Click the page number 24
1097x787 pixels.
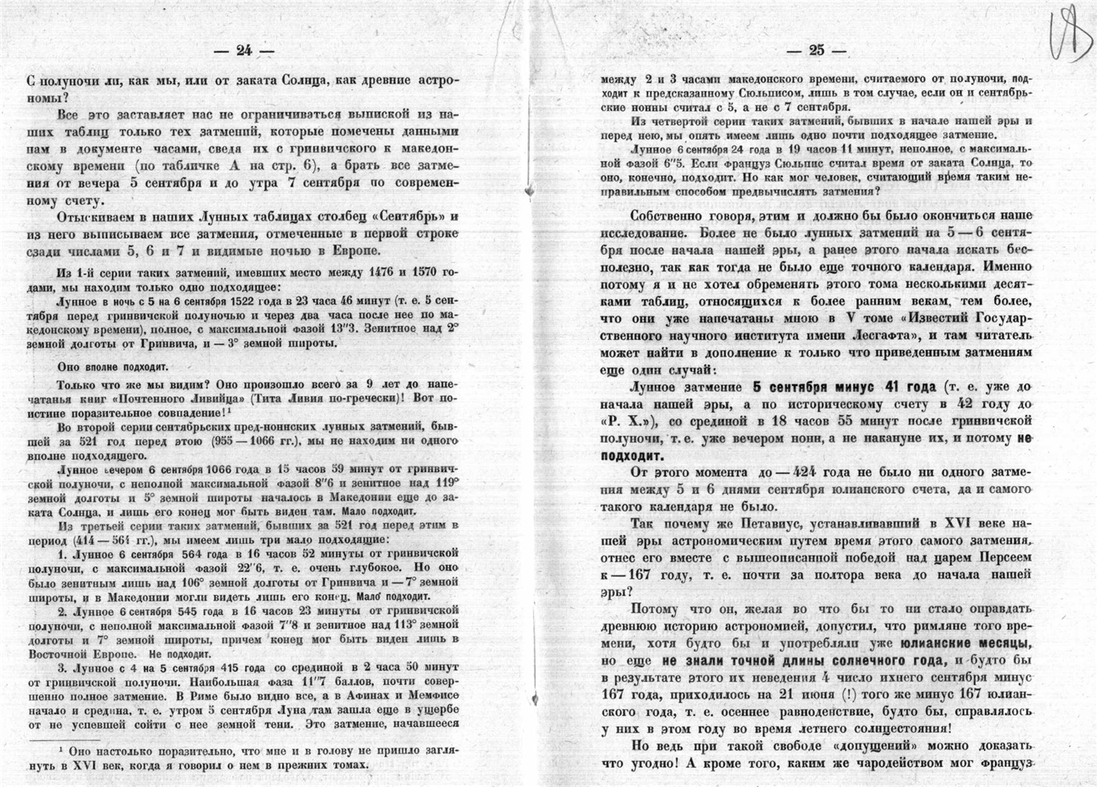244,50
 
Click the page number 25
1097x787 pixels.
816,50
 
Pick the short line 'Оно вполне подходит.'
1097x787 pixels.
112,366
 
